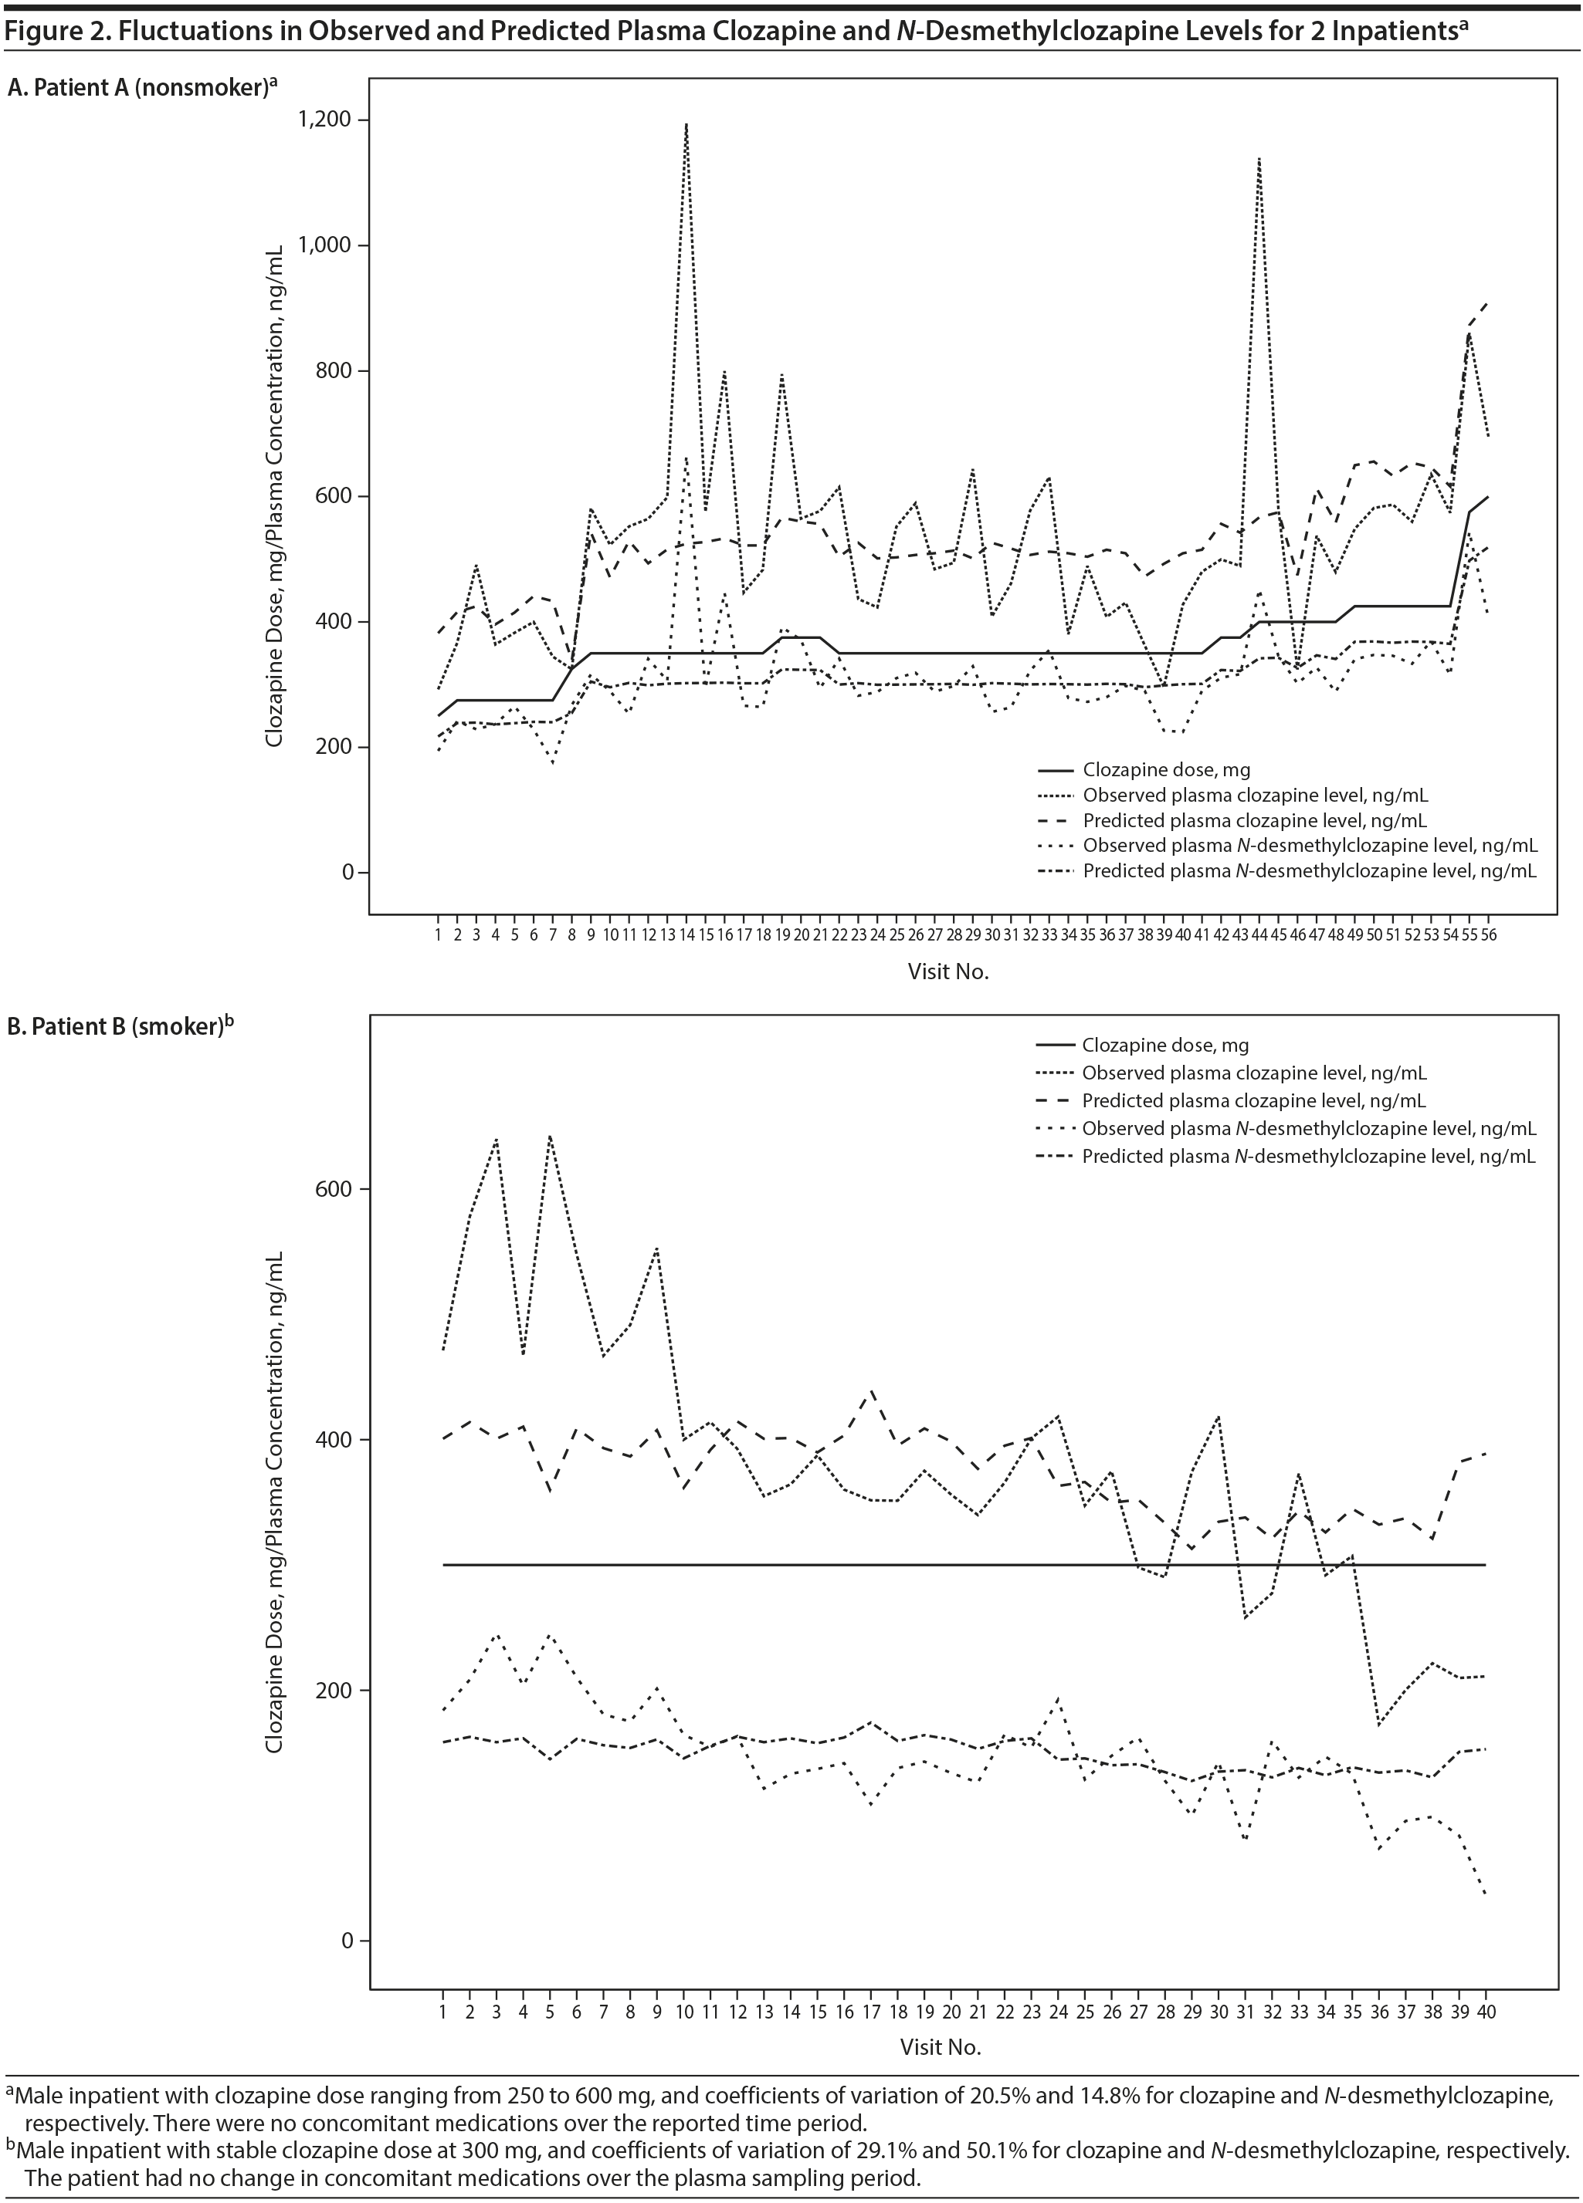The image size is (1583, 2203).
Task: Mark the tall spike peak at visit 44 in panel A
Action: point(1259,158)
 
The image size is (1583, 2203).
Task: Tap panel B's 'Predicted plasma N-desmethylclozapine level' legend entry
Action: point(1308,1156)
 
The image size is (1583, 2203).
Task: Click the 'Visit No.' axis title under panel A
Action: point(947,971)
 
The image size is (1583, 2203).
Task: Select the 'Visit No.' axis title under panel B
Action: point(940,2042)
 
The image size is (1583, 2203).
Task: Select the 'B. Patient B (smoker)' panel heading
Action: point(120,1027)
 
